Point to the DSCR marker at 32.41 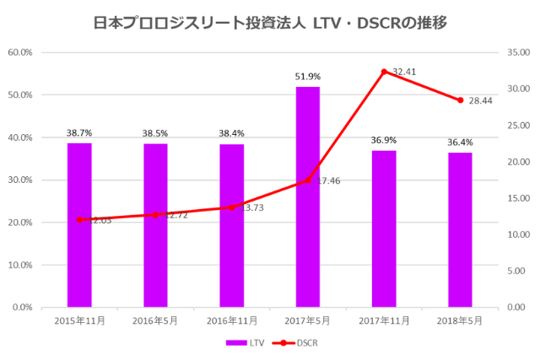point(384,72)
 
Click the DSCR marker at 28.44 point(460,100)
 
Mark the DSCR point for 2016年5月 point(155,214)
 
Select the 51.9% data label point(307,77)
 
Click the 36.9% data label point(384,140)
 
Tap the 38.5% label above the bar point(155,133)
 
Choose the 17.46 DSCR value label point(327,180)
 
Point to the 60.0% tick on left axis point(19,52)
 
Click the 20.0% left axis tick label point(19,223)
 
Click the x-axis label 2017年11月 point(384,321)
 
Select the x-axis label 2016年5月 point(155,321)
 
